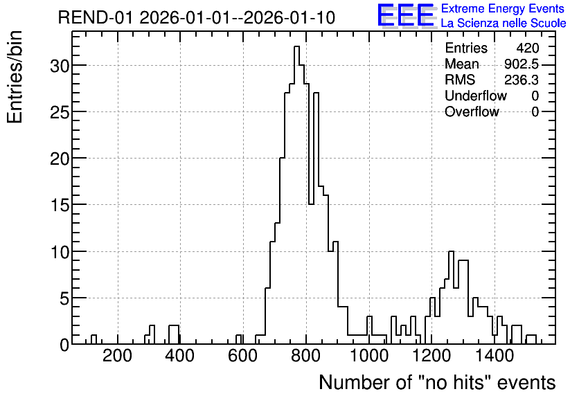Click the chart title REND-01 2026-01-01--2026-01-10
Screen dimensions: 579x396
pyautogui.click(x=197, y=17)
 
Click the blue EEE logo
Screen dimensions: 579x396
pyautogui.click(x=406, y=16)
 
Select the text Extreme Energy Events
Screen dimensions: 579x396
pyautogui.click(x=503, y=8)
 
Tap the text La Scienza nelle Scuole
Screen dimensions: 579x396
pyautogui.click(x=504, y=24)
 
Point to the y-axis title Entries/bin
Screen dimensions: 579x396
pyautogui.click(x=15, y=78)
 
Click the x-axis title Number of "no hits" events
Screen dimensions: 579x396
pyautogui.click(x=437, y=382)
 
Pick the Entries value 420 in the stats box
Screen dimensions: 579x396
pyautogui.click(x=528, y=48)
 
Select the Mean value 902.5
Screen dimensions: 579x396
pyautogui.click(x=522, y=64)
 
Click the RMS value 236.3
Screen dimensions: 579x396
pyautogui.click(x=522, y=80)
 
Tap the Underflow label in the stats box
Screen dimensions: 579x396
pyautogui.click(x=476, y=96)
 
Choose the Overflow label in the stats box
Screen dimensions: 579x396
pyautogui.click(x=472, y=111)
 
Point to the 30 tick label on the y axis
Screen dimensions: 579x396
pyautogui.click(x=60, y=66)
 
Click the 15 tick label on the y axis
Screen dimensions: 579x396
pyautogui.click(x=60, y=205)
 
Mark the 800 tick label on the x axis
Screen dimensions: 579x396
pyautogui.click(x=305, y=356)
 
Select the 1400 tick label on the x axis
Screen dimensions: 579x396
pyautogui.click(x=494, y=356)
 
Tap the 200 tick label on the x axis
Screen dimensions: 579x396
pyautogui.click(x=118, y=356)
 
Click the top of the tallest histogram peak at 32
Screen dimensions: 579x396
pyautogui.click(x=296, y=46)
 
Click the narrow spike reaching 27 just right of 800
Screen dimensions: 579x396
pyautogui.click(x=316, y=93)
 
